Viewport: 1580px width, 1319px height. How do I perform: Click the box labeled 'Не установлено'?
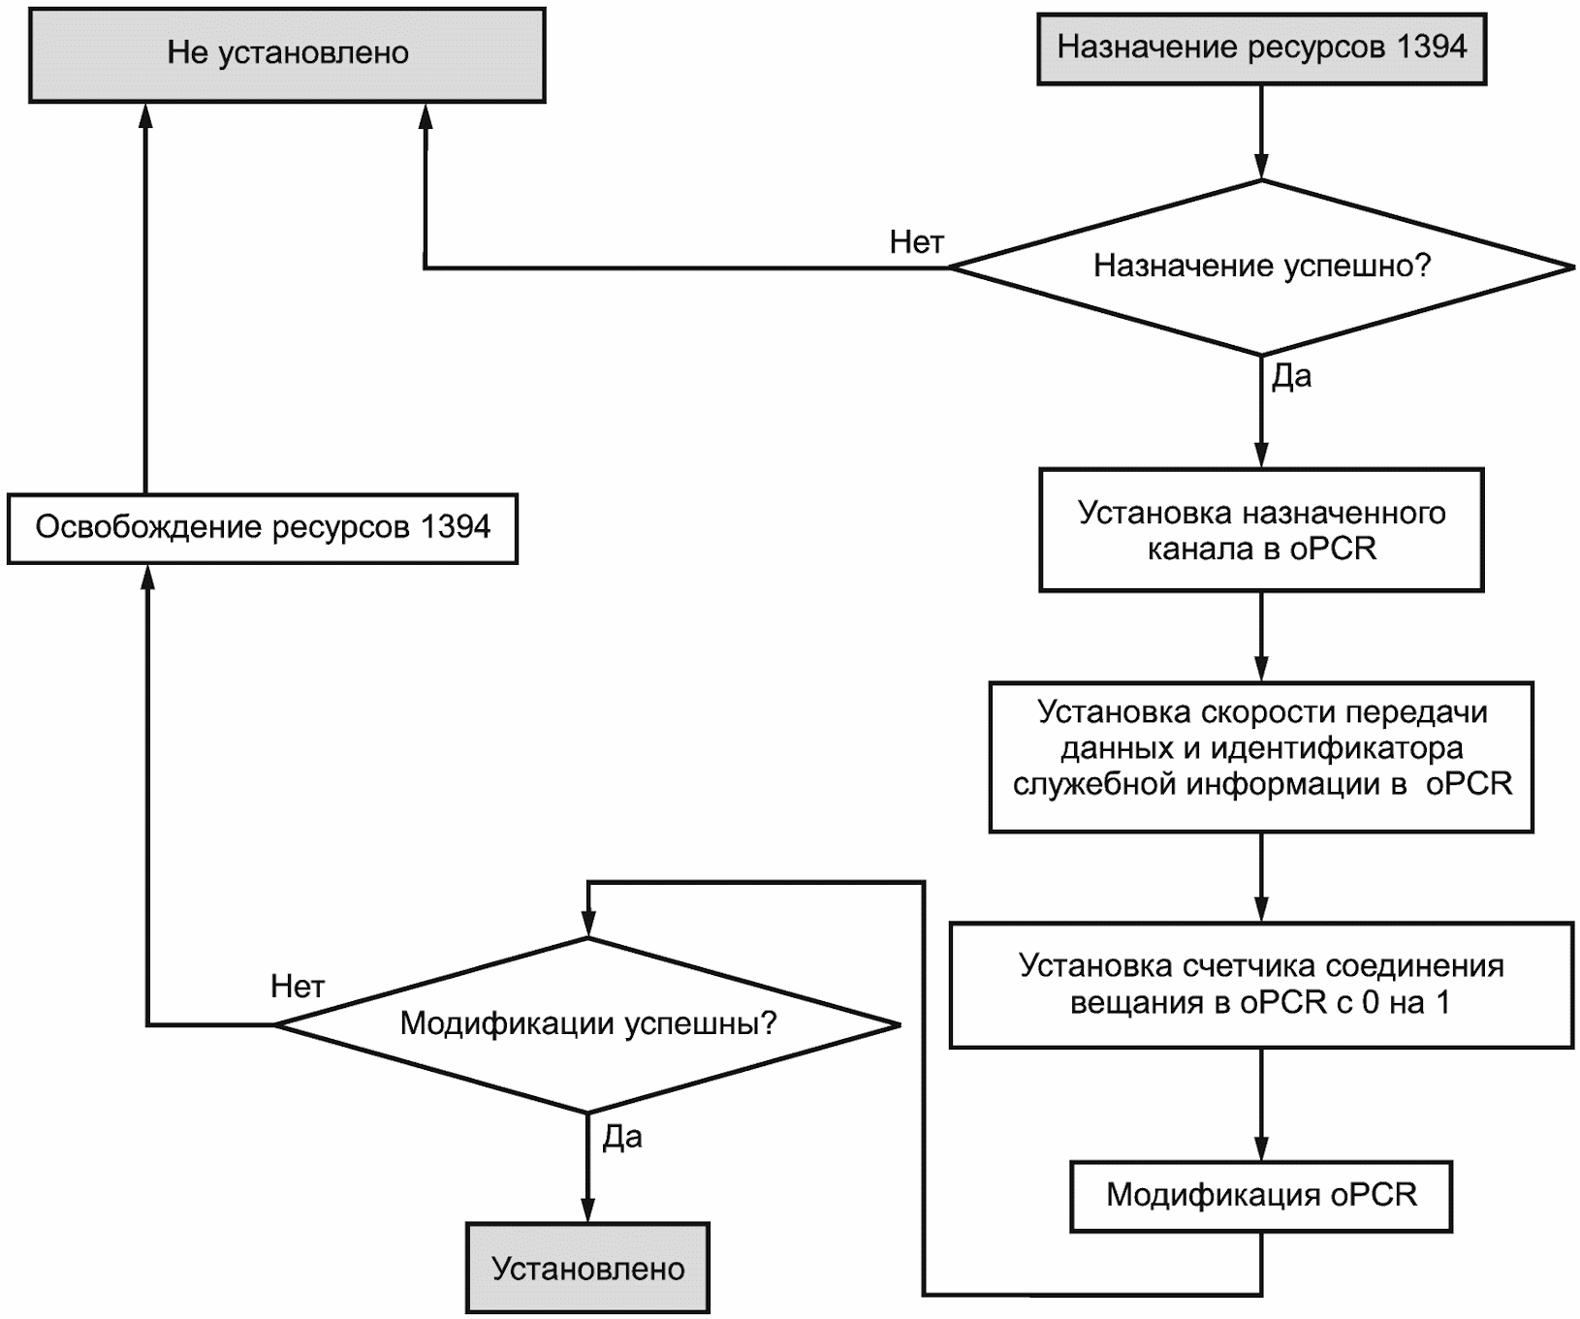287,54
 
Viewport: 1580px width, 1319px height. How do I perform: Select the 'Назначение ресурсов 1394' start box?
1261,48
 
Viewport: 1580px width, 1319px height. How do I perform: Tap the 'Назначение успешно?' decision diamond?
1261,267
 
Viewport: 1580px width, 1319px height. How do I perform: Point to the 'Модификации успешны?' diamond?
588,1024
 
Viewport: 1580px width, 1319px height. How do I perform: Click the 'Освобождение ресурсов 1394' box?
263,528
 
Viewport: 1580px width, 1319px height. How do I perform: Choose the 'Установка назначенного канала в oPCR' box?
1261,530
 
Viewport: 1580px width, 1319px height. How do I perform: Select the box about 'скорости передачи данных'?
1261,757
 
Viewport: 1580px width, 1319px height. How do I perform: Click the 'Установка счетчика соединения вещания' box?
1261,985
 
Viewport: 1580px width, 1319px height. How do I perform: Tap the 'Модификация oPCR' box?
1261,1196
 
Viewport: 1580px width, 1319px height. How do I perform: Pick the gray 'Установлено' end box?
588,1268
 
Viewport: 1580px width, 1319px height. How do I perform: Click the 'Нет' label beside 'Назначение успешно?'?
916,242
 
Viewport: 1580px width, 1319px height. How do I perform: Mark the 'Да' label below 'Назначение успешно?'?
1291,376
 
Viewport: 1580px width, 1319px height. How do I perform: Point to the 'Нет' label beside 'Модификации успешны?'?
298,987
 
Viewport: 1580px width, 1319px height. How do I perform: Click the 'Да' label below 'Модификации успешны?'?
622,1137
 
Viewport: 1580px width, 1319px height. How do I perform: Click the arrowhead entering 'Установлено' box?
588,1209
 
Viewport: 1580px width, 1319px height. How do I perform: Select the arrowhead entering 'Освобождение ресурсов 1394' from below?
146,578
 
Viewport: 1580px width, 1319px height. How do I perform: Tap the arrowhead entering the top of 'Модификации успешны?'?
588,925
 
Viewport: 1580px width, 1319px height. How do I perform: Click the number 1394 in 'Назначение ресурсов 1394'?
1432,47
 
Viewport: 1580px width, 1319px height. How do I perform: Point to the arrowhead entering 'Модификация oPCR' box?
1261,1147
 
